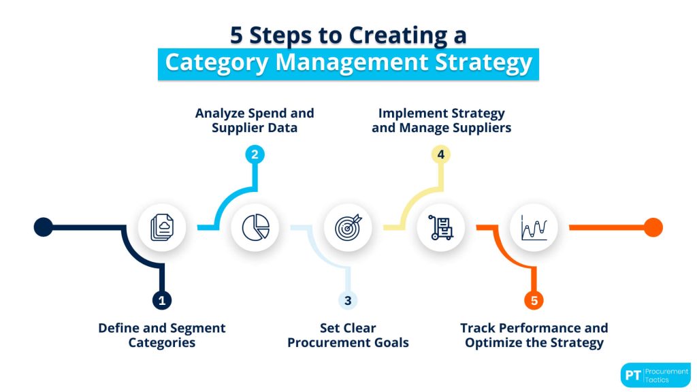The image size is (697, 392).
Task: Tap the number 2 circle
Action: [x=255, y=154]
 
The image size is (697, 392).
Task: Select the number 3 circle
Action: [x=347, y=299]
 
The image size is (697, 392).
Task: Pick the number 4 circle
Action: [x=441, y=154]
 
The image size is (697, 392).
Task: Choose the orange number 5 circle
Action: [x=534, y=299]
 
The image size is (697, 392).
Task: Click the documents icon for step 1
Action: [x=161, y=227]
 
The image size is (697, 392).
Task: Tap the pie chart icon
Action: [x=255, y=227]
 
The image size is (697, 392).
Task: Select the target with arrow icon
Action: [x=348, y=227]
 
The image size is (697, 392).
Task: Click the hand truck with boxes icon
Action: [x=441, y=227]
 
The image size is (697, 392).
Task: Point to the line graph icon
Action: [x=534, y=227]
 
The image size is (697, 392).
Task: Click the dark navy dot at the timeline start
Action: [x=43, y=227]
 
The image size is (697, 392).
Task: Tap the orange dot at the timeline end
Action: [x=653, y=227]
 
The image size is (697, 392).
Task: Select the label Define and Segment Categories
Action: [x=161, y=335]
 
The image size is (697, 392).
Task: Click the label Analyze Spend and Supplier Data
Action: [x=255, y=120]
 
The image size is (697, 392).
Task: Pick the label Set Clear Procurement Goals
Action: [x=348, y=335]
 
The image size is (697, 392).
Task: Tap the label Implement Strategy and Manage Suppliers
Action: [x=441, y=120]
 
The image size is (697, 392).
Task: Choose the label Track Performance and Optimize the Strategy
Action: [x=534, y=335]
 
